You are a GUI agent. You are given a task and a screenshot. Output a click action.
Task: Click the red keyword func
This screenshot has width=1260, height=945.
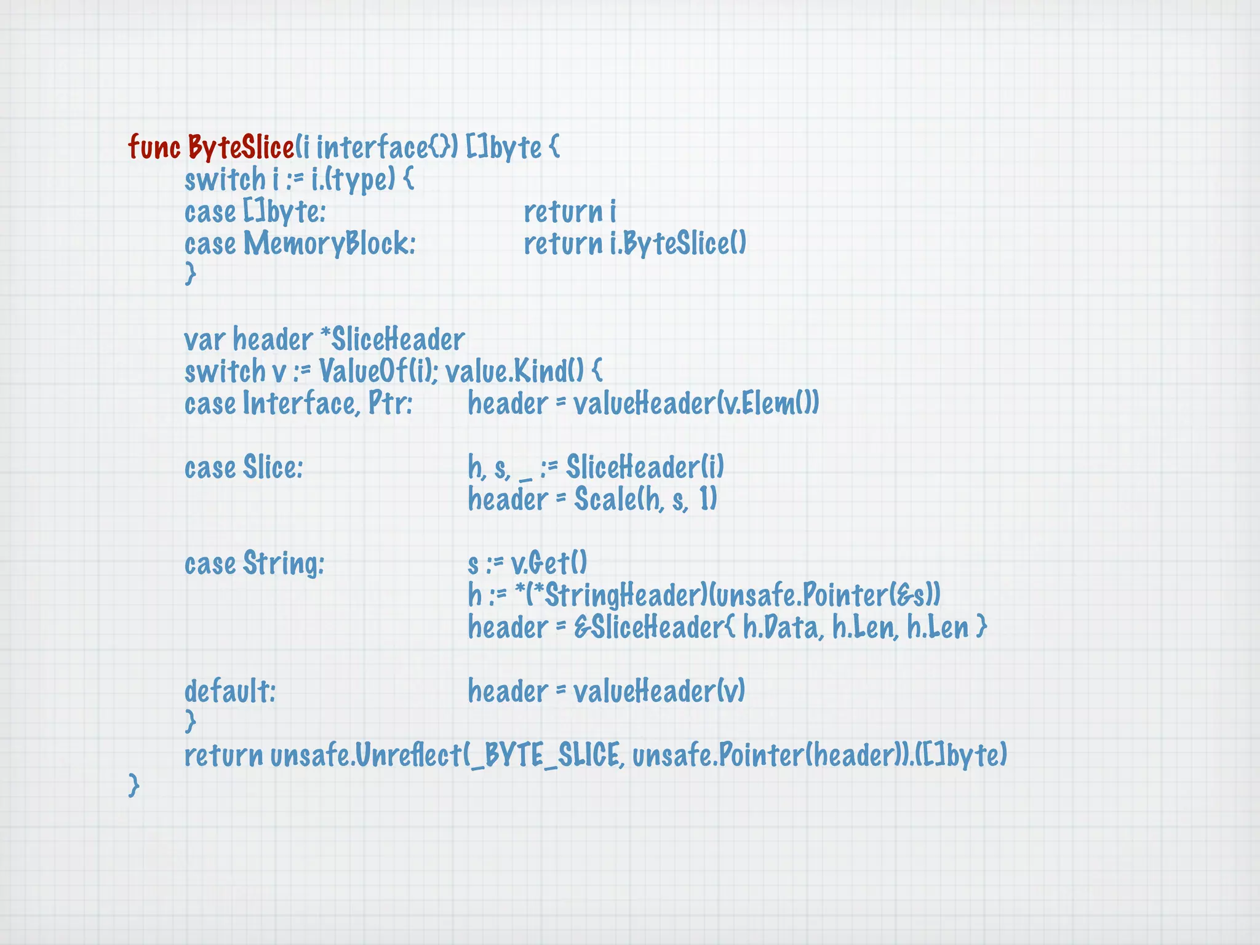coord(154,148)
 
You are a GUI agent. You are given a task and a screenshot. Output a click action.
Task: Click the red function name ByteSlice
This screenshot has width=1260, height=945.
coord(241,148)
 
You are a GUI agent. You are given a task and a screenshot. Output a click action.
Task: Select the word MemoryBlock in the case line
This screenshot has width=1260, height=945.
coord(330,244)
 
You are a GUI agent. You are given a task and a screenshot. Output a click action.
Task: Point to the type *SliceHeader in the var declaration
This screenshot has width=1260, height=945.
coord(393,340)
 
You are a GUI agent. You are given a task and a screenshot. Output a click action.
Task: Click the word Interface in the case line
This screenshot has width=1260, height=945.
coord(299,404)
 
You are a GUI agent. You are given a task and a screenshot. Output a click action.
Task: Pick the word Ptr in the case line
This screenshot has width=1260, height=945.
coord(389,404)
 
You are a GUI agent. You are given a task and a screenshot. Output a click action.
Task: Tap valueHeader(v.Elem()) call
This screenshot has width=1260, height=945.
coord(696,404)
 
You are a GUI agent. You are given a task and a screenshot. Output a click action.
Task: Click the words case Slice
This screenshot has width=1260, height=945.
coord(244,468)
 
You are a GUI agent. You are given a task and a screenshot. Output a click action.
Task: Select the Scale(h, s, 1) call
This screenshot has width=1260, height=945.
coord(645,500)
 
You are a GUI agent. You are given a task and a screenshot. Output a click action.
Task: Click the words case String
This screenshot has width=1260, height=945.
coord(254,564)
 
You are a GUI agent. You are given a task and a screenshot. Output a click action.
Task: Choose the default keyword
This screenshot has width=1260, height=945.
coord(230,692)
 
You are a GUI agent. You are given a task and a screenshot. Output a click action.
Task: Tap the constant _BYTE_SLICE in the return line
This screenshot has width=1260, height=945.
coord(544,756)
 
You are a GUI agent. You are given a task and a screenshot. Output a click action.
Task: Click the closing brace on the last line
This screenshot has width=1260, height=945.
coord(134,786)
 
